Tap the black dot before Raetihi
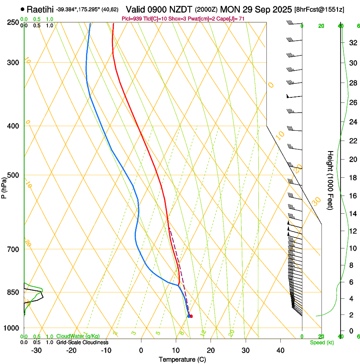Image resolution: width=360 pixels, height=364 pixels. click(22, 9)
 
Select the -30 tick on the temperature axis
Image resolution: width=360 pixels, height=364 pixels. click(36, 350)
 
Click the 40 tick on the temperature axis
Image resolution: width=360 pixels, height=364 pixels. click(280, 350)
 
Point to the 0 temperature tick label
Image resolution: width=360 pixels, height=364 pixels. click(141, 350)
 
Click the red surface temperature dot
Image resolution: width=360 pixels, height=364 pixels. click(191, 316)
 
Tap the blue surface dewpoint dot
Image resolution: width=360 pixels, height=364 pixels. click(188, 316)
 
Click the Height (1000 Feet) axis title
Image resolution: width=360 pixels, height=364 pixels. click(330, 180)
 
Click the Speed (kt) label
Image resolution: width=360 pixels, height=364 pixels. click(321, 342)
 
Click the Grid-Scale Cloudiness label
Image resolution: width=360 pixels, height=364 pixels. click(82, 342)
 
